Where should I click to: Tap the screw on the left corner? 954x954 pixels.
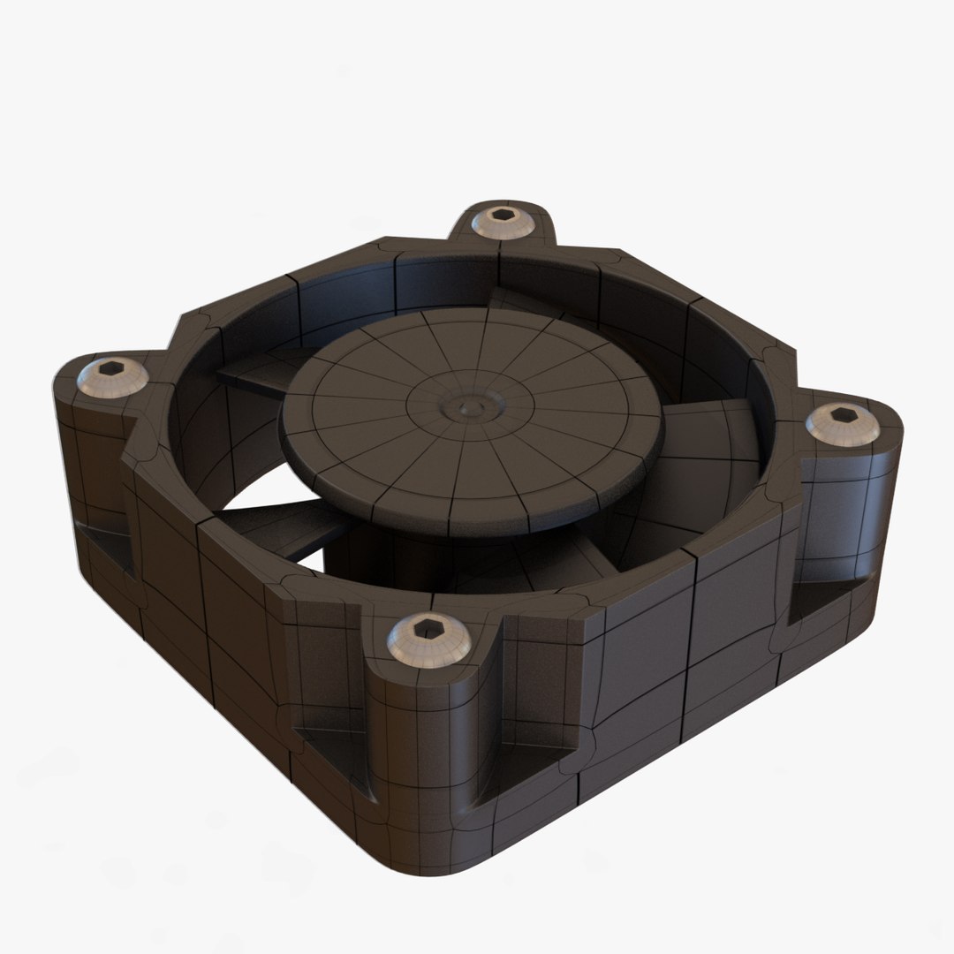click(112, 378)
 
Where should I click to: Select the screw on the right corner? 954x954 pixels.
click(843, 425)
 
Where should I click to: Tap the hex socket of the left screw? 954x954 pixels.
click(112, 368)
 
